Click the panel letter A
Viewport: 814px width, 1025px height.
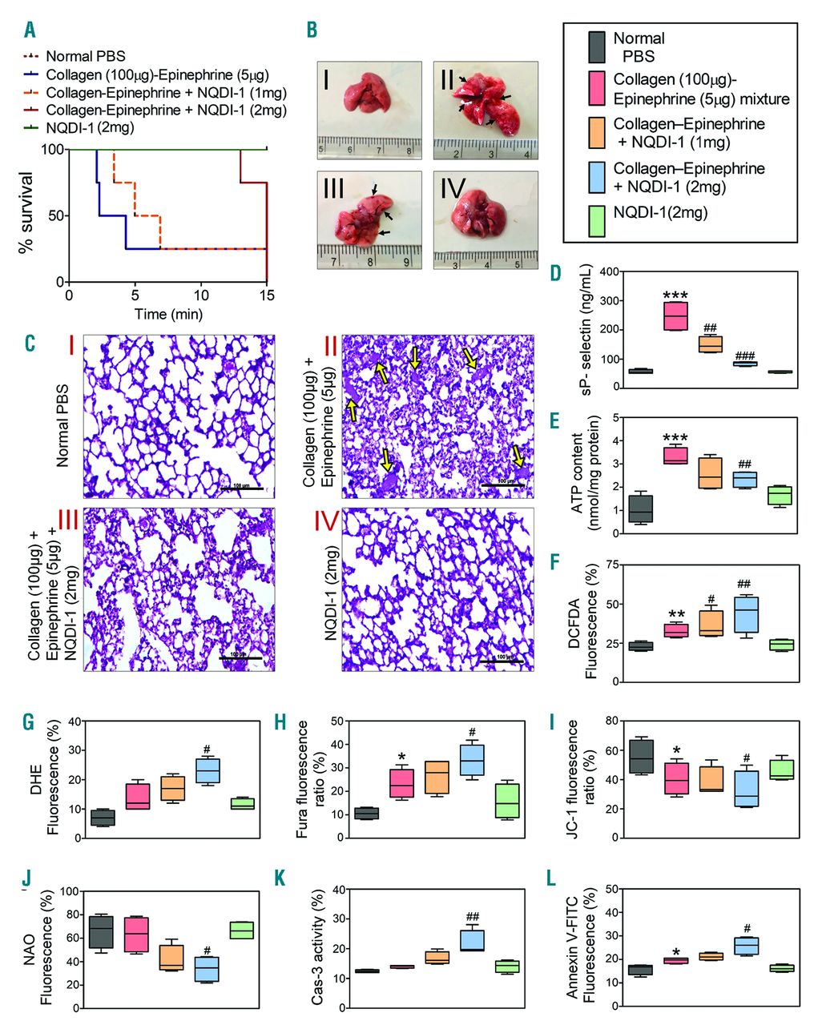point(30,30)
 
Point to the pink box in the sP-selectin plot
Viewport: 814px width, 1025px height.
point(678,316)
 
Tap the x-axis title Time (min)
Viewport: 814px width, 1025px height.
point(168,314)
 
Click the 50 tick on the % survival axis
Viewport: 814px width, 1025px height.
point(53,216)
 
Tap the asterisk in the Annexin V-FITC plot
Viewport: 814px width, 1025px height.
point(677,952)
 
